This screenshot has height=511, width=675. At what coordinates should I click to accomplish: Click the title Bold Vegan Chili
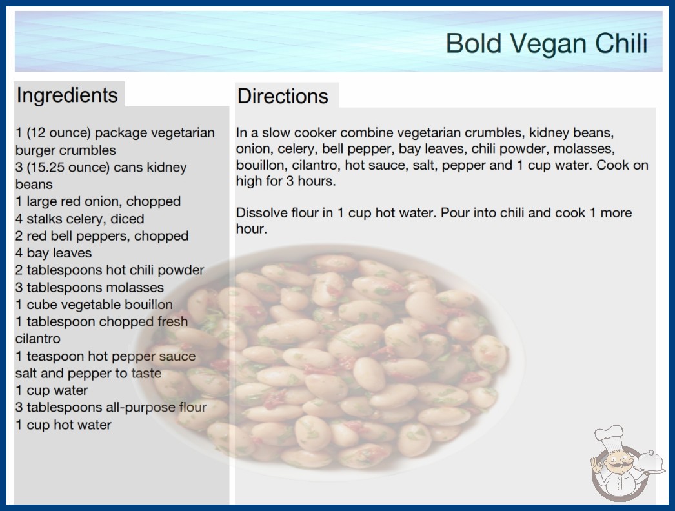pos(547,43)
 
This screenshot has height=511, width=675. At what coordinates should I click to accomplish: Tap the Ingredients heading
pos(67,95)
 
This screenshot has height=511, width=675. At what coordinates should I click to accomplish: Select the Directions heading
pos(283,96)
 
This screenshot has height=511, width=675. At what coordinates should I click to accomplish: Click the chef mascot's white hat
pos(609,436)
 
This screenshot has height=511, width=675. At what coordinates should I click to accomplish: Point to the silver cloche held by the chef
pos(650,463)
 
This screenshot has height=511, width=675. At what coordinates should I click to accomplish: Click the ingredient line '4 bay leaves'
pos(54,253)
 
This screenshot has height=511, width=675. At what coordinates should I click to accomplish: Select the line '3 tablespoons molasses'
pos(90,287)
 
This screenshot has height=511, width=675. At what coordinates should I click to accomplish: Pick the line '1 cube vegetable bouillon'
pos(94,305)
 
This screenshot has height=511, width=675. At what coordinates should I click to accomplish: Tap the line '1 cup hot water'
pos(63,425)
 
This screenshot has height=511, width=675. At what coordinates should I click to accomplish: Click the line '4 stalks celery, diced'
pos(79,219)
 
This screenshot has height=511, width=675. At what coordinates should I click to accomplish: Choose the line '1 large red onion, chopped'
pos(98,201)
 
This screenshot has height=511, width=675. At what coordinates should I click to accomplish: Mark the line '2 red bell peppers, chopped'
pos(102,236)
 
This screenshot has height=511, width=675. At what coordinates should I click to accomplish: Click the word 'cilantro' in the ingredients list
pos(38,339)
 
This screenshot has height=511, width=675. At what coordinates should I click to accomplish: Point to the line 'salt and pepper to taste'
pos(88,373)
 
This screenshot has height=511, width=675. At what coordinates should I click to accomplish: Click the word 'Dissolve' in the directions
pos(262,213)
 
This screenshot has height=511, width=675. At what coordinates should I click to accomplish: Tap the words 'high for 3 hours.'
pos(286,181)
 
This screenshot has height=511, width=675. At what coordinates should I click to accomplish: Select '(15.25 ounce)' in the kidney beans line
pos(68,167)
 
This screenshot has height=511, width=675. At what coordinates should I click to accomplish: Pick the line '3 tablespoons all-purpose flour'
pos(111,407)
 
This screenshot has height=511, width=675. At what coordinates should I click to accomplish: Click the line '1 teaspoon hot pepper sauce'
pos(105,356)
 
